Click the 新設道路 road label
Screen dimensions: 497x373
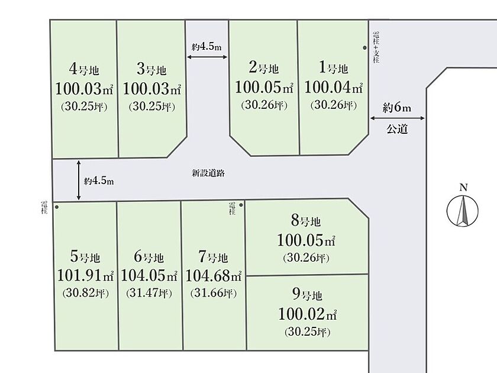point(208,173)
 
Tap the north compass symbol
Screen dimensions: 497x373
point(463,207)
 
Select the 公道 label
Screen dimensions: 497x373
point(397,129)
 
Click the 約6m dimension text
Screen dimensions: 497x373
point(397,108)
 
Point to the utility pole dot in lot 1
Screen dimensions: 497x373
point(365,48)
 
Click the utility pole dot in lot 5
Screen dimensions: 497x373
point(57,207)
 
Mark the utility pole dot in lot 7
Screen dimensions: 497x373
point(241,205)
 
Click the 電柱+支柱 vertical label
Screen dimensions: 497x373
point(376,47)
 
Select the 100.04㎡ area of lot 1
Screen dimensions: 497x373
point(333,87)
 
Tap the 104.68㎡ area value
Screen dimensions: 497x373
point(214,275)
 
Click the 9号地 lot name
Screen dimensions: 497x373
point(307,295)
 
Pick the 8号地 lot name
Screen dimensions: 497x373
point(306,221)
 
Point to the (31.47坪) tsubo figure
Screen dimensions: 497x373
point(149,293)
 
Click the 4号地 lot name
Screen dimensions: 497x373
point(84,69)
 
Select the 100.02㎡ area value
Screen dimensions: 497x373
point(308,314)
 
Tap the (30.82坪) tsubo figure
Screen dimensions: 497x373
point(86,292)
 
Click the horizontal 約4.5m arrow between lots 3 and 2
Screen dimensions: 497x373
point(207,57)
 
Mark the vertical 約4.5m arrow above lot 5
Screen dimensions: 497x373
point(79,180)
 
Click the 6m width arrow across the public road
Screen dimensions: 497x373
point(398,118)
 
